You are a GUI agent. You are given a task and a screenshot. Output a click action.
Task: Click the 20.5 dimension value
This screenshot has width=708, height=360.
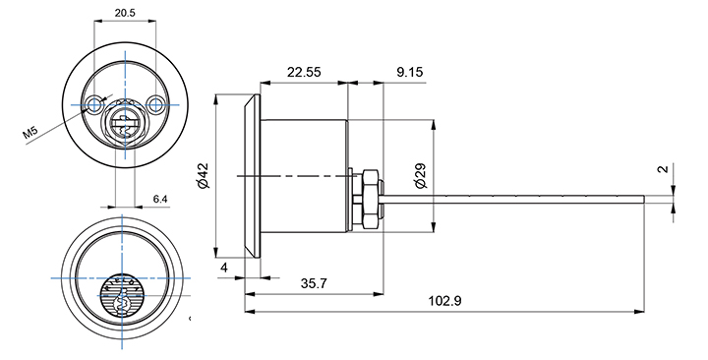click(125, 13)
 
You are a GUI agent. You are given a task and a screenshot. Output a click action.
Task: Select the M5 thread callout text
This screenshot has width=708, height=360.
click(29, 133)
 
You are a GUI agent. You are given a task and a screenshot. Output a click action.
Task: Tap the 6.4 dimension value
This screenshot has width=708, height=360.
click(160, 199)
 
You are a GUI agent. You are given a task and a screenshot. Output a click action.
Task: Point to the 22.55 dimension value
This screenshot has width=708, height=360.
click(304, 72)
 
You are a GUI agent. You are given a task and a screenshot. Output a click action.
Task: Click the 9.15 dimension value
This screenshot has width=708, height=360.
click(410, 72)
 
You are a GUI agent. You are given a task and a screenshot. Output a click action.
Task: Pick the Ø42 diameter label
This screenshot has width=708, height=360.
click(204, 175)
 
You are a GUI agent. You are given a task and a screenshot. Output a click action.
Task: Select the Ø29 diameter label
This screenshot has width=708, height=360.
click(420, 176)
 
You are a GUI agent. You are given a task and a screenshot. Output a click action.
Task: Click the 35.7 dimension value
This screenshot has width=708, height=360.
click(314, 283)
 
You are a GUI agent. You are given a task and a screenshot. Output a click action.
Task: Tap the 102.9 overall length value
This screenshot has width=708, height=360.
click(444, 301)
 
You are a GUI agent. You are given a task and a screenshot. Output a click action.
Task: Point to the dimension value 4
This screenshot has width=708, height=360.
click(224, 268)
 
